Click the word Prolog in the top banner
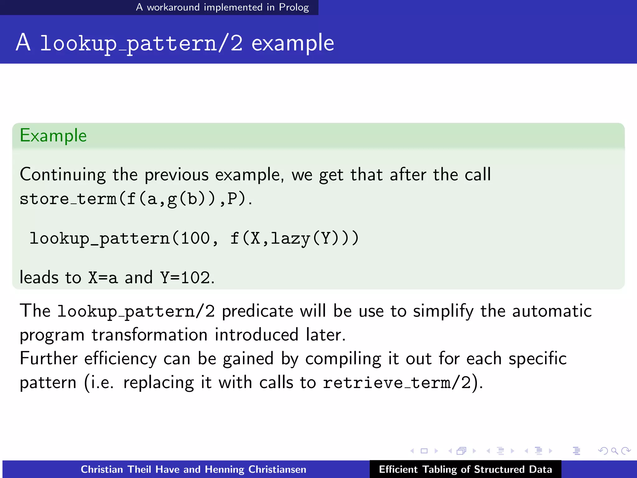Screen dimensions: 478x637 coord(294,7)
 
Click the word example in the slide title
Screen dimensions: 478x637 coord(292,43)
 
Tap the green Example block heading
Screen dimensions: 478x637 coord(53,136)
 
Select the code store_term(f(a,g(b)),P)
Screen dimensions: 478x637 coord(136,199)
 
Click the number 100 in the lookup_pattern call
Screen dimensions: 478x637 coord(195,239)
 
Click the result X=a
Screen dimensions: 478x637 coord(103,278)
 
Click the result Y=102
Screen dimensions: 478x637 coord(185,278)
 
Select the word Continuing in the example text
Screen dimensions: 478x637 coord(63,175)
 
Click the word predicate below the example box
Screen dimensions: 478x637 coord(257,311)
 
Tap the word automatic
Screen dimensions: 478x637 coord(551,311)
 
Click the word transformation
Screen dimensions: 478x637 coord(149,335)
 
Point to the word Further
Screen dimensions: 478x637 coord(49,358)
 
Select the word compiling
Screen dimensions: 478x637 coord(343,359)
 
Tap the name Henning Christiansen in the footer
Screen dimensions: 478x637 coord(255,469)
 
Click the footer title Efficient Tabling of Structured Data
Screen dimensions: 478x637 coord(465,469)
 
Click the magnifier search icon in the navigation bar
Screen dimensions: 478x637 coord(614,451)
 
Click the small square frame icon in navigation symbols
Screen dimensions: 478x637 coord(424,451)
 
